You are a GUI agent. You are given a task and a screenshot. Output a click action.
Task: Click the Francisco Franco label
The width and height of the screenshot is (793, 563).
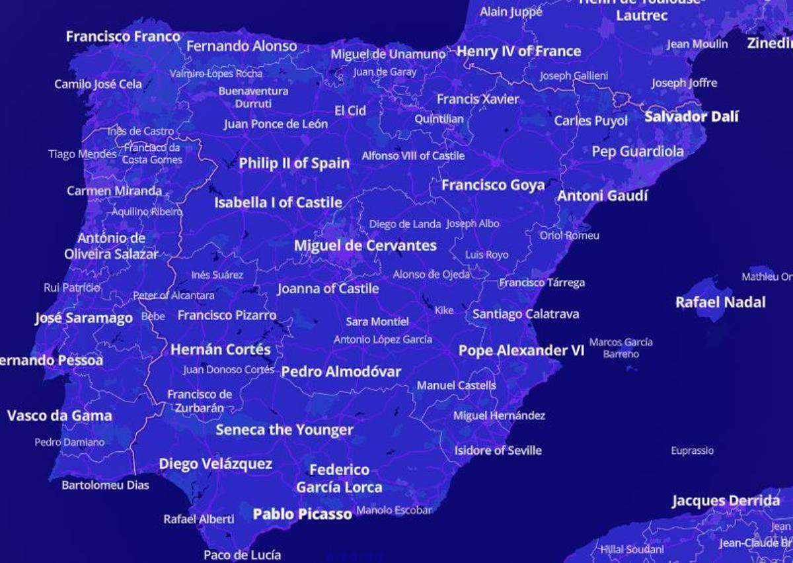tap(123, 36)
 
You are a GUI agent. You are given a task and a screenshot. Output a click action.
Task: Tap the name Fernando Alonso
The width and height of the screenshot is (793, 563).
tap(241, 46)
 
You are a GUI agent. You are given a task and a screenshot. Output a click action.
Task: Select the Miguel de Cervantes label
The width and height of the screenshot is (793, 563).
tap(365, 245)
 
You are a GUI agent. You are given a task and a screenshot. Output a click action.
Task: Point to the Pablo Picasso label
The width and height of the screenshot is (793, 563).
tap(302, 514)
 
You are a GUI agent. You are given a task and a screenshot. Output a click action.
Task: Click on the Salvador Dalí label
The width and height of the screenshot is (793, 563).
tap(691, 117)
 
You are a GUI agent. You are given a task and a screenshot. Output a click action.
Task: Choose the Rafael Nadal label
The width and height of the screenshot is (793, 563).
tap(720, 302)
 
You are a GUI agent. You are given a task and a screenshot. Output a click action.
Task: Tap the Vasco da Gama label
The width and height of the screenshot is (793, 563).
tap(59, 415)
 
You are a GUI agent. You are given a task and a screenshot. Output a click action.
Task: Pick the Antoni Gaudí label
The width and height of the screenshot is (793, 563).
tap(602, 196)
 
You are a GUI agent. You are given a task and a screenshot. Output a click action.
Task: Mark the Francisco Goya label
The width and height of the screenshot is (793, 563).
tap(492, 185)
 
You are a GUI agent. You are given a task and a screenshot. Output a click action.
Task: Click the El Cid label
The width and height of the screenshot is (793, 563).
tap(350, 110)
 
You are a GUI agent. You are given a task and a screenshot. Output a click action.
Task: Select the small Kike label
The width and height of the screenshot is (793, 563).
tap(444, 310)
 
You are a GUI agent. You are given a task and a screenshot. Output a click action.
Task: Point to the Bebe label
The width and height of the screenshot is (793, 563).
tap(153, 316)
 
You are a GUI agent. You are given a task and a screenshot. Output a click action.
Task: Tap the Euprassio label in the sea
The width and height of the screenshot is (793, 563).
tap(692, 451)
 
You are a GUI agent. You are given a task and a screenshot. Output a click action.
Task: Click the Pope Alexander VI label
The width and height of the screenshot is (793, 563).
tap(521, 351)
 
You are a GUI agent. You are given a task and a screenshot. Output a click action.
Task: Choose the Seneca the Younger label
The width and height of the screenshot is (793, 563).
tap(284, 430)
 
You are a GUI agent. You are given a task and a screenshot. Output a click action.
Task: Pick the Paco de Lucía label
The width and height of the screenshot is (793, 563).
tap(242, 555)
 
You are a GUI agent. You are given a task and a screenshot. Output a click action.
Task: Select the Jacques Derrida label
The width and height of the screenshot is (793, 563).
tap(726, 501)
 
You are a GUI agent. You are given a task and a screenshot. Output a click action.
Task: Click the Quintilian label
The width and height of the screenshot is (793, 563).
tap(439, 120)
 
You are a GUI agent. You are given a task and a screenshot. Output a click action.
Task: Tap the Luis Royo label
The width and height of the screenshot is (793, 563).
tap(487, 255)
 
